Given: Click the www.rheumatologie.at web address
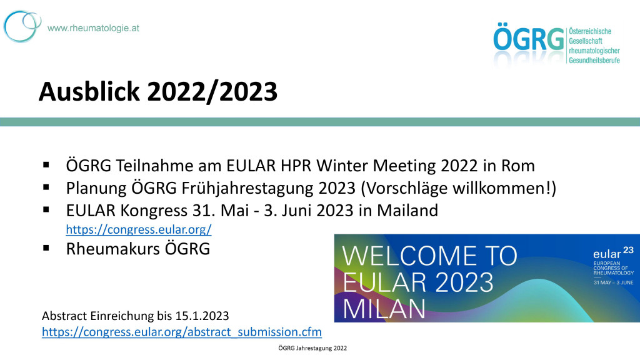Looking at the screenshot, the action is click(93, 28).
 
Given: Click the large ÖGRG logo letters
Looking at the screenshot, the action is click(529, 38).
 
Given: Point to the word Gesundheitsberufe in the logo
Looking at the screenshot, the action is click(594, 61).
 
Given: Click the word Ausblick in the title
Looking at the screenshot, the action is click(89, 91).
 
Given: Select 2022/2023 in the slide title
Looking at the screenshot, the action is click(212, 91).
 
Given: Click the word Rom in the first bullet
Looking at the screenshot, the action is click(518, 166).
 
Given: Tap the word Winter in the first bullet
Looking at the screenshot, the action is click(342, 166).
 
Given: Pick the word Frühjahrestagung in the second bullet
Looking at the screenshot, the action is click(247, 188).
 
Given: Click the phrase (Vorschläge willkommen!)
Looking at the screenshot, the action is click(458, 188).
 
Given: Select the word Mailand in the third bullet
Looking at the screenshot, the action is click(407, 211).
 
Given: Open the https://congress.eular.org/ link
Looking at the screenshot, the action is click(139, 229).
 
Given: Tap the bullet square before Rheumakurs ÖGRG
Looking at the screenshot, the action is click(46, 247).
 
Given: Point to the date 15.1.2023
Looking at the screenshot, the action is click(202, 316).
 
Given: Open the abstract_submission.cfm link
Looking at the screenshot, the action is click(182, 332).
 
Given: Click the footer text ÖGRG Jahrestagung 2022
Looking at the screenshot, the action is click(312, 348).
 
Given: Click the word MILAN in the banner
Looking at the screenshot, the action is click(384, 309).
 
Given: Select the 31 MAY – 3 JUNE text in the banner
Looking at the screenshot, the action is click(614, 282).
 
